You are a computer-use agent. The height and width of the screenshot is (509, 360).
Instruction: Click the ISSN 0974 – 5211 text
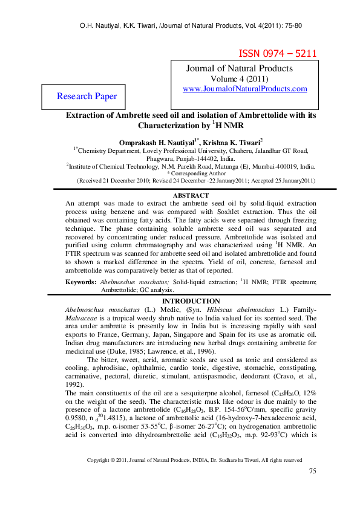tap(278, 53)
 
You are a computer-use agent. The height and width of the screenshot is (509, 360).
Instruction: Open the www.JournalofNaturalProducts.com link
tap(244, 89)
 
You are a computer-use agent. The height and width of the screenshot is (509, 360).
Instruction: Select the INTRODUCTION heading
tap(191, 301)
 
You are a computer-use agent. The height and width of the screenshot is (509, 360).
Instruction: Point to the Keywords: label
tap(81, 282)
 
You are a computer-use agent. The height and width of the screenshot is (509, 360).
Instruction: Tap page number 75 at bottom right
tap(312, 488)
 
